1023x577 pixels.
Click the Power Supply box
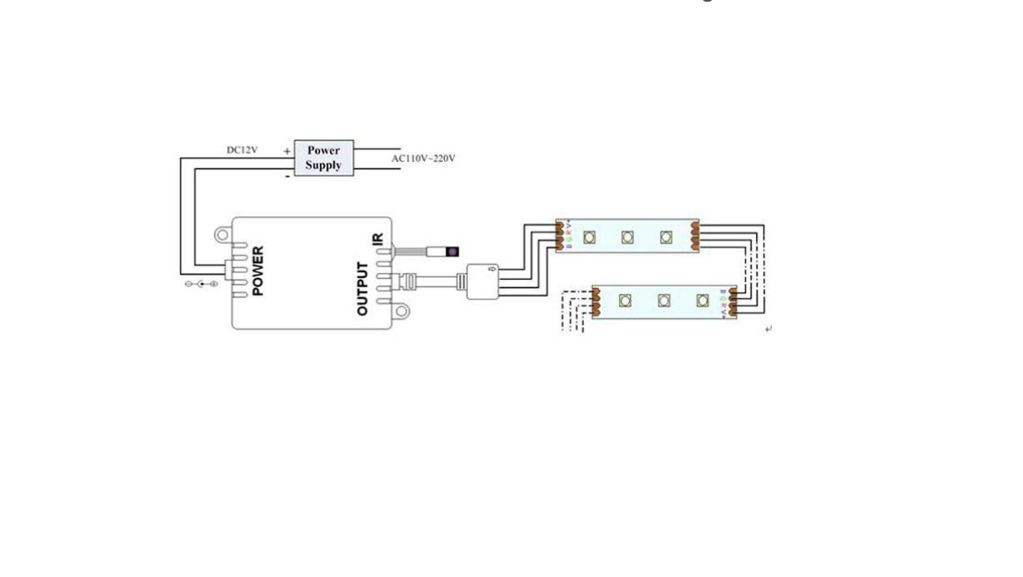point(323,158)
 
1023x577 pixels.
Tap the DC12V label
point(241,151)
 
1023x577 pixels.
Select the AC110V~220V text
point(423,158)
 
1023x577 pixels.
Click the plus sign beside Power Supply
point(287,151)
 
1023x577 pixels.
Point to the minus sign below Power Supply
point(287,175)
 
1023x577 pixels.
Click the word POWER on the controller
point(258,271)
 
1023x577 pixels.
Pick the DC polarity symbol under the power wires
point(201,284)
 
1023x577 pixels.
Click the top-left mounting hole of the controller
point(222,235)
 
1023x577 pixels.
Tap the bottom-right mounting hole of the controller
point(403,312)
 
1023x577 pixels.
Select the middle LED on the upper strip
point(628,237)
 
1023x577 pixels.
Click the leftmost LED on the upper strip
point(589,237)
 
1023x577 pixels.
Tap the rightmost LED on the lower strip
point(703,301)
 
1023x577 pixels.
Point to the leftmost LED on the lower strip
point(625,301)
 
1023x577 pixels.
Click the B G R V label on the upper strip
point(569,236)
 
